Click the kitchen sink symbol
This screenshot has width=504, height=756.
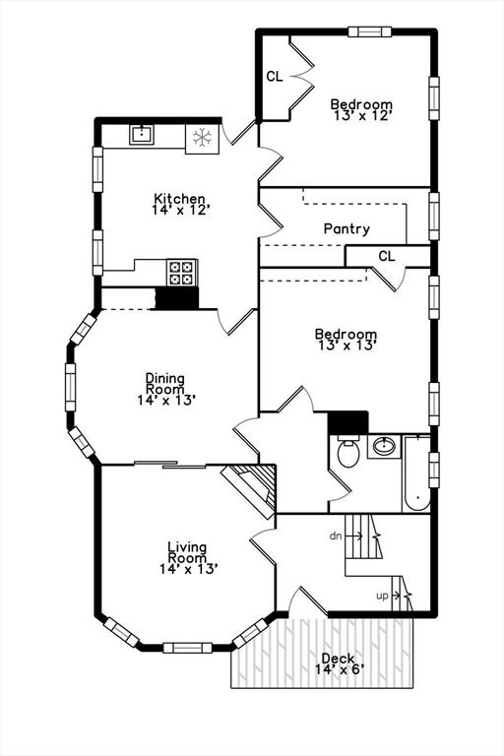tap(142, 134)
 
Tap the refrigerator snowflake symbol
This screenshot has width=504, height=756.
tap(202, 139)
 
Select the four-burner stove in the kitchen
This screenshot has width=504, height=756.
tap(182, 273)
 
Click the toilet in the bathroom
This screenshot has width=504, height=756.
tap(348, 451)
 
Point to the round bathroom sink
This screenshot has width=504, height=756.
tap(384, 446)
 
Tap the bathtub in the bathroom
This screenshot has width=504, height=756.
tap(416, 472)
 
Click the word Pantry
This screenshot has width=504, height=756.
tap(346, 228)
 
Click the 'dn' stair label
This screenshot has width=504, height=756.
tap(336, 535)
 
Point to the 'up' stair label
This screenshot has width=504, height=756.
tap(382, 596)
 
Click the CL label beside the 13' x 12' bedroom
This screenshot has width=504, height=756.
tap(275, 76)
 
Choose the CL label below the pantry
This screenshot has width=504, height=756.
tap(386, 256)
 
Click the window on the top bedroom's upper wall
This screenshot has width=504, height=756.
tap(369, 31)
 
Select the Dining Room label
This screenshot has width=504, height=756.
tap(165, 383)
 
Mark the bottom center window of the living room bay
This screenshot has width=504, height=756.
tap(187, 648)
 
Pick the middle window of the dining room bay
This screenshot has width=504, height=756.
tap(71, 387)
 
